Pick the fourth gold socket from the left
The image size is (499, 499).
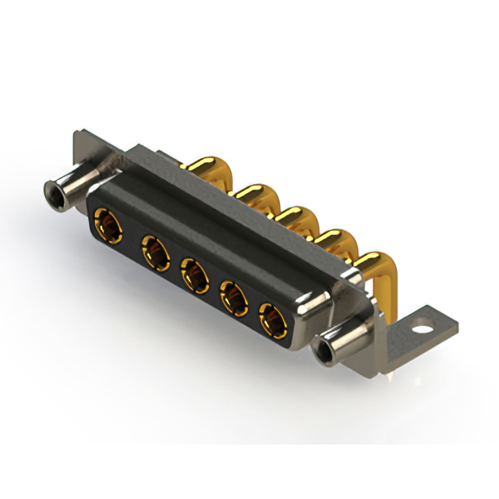(233, 297)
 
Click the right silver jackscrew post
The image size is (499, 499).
(343, 344)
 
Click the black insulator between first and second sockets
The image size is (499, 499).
(128, 239)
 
